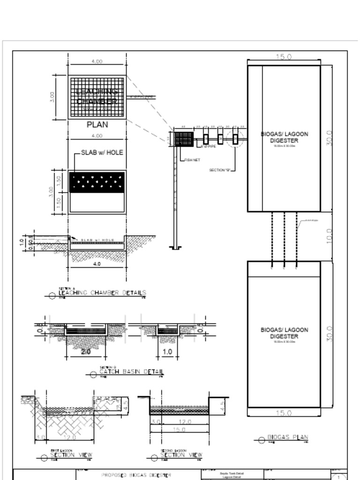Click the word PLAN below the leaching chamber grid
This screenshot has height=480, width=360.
(x=97, y=125)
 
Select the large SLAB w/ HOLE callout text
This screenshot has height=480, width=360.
(x=102, y=152)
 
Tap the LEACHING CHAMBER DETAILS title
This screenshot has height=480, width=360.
(x=102, y=293)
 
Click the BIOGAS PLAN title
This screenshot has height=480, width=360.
(x=287, y=438)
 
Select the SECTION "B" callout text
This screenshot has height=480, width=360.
(x=220, y=170)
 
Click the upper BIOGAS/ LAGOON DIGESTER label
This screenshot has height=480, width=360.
(x=285, y=137)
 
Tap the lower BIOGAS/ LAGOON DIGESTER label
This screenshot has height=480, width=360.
(x=285, y=333)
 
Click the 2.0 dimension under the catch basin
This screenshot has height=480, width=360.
(x=86, y=352)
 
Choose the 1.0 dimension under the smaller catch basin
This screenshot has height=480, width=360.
(x=167, y=352)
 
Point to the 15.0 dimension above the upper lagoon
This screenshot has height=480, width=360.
(x=284, y=57)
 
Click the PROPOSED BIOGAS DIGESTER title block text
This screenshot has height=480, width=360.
(x=136, y=475)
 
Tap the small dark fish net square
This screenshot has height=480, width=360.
(x=183, y=139)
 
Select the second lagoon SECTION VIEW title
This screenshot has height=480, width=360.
(x=181, y=455)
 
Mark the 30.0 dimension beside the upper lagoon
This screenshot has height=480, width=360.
(x=329, y=138)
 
